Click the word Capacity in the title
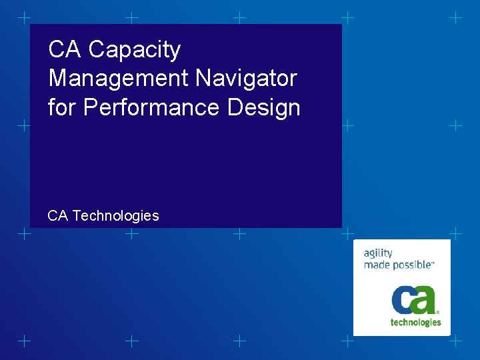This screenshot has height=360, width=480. (134, 50)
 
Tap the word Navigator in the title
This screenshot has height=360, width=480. (247, 79)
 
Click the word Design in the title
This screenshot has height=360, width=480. (263, 107)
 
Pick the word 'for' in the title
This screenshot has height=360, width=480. (62, 107)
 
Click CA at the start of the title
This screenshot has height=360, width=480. (65, 49)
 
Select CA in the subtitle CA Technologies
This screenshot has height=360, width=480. (57, 215)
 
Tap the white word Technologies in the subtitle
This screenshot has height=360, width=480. (115, 215)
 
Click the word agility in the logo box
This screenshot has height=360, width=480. (377, 253)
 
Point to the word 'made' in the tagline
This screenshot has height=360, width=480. (376, 264)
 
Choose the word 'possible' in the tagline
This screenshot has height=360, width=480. (411, 264)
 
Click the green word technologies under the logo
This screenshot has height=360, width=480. (415, 322)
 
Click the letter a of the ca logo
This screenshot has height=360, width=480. (424, 299)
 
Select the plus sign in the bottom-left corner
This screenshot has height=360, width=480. (23, 341)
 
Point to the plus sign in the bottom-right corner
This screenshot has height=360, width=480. (455, 341)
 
